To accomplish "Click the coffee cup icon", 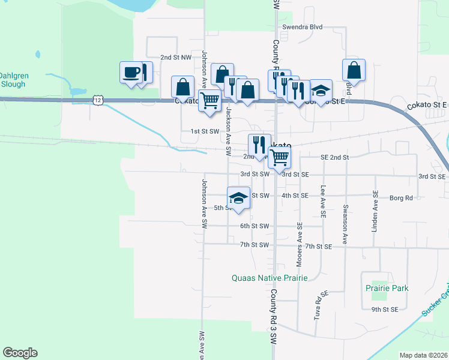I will pos(131,73).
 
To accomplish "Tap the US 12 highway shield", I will pos(97,100).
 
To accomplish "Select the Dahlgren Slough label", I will pos(13,80).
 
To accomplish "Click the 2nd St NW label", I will pos(175,57).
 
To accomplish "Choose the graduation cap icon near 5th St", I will pos(238,199).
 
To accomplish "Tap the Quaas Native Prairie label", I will pos(270,278).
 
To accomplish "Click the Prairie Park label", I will pos(387,288).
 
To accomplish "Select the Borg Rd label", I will pos(401,197).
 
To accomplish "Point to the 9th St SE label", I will pos(384,310).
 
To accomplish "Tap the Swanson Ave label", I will pos(345,225).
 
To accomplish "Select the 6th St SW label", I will pos(253,226).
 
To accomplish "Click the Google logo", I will pos(20,353).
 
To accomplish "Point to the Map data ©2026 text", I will pos(423,355).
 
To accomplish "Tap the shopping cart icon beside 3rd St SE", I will pos(279,158).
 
